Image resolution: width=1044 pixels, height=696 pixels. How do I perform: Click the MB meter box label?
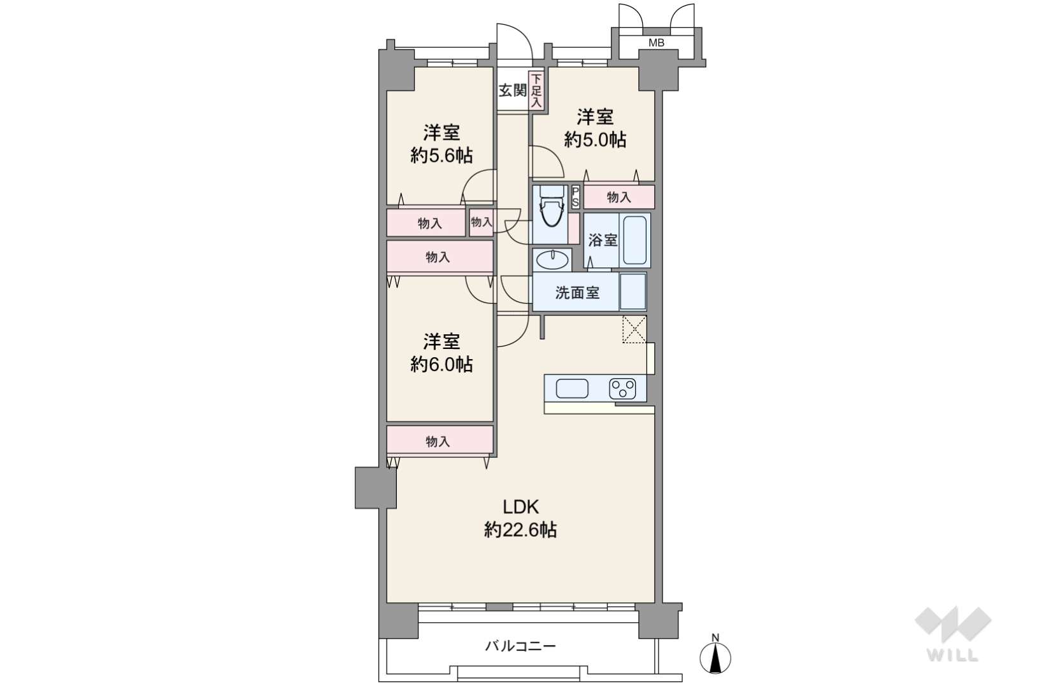click(x=656, y=43)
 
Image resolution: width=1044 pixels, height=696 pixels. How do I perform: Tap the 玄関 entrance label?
click(x=513, y=90)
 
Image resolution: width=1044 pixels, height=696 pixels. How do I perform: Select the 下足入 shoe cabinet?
click(x=536, y=90)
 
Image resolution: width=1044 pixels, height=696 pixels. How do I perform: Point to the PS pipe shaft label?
click(x=576, y=197)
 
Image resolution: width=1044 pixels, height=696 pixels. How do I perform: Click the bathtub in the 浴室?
click(x=634, y=241)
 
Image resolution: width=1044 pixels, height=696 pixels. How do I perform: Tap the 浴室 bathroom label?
click(x=603, y=241)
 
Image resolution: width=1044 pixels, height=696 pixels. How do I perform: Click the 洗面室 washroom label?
click(x=577, y=292)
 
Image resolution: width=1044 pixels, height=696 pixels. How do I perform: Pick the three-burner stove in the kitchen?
click(x=622, y=388)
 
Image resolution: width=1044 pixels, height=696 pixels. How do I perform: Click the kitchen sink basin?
click(x=572, y=388)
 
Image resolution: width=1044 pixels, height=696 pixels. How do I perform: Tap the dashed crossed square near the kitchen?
click(x=634, y=329)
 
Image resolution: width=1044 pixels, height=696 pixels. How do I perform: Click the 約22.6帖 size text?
click(x=520, y=530)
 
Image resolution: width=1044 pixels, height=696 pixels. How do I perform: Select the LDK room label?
click(x=520, y=506)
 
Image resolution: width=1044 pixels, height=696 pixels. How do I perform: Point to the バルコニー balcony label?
click(x=520, y=646)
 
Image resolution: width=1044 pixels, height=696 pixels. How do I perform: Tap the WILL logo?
click(x=953, y=634)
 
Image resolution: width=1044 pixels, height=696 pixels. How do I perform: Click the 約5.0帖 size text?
click(x=595, y=139)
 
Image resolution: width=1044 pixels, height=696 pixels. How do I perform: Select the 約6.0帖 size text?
click(x=441, y=364)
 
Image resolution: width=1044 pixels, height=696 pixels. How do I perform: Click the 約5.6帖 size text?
click(x=441, y=155)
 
